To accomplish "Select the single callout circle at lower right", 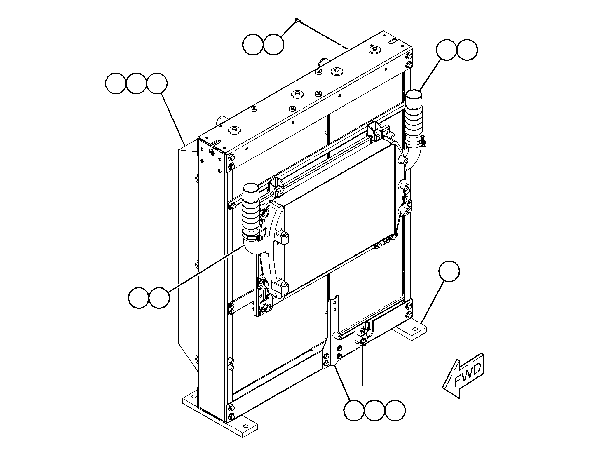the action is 449,271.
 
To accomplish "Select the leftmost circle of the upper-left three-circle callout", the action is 116,84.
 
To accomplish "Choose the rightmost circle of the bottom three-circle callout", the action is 395,410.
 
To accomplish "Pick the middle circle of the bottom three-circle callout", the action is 375,410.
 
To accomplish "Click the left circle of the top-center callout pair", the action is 253,44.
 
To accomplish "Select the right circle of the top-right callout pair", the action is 467,50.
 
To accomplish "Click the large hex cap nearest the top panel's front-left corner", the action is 234,130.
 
